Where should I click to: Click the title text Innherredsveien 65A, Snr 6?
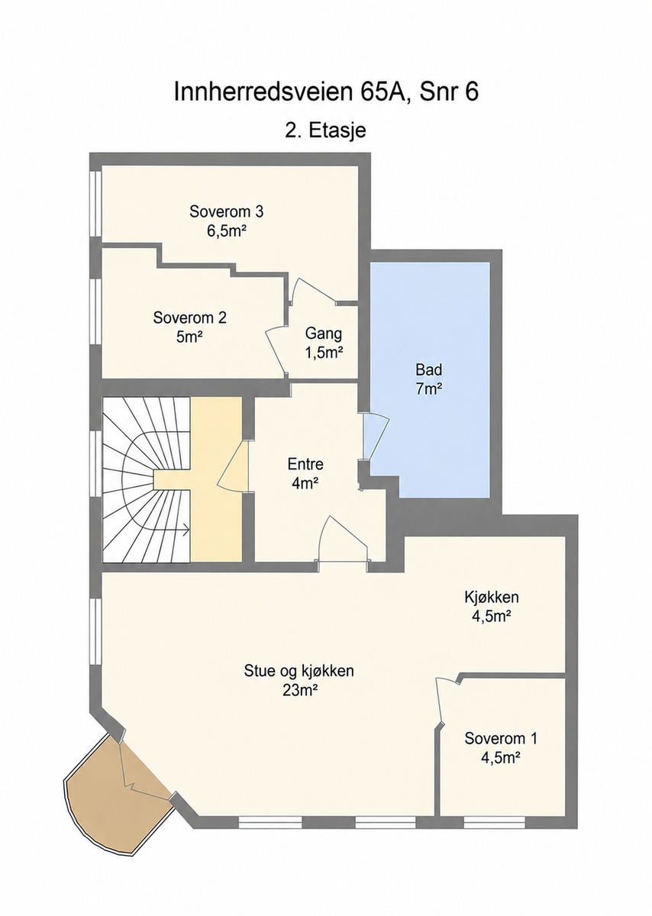(x=326, y=92)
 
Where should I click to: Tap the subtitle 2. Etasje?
(x=325, y=131)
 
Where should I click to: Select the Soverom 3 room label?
(x=227, y=221)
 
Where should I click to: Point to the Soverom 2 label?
(x=190, y=327)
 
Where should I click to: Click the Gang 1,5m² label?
(x=324, y=343)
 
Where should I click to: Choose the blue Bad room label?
(x=429, y=379)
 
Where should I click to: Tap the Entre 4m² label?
(x=305, y=473)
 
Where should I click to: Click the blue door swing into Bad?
(x=375, y=436)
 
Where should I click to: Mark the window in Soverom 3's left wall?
(x=95, y=204)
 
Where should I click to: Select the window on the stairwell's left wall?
(x=95, y=463)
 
